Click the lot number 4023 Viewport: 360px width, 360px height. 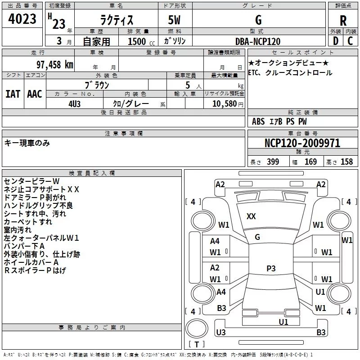(x=22, y=19)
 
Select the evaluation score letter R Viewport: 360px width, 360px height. (x=343, y=21)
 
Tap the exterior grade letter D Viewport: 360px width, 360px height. (x=335, y=41)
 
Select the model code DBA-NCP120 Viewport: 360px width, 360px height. (x=258, y=41)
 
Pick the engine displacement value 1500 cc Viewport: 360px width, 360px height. (x=137, y=42)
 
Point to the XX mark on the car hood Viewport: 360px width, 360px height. (x=251, y=216)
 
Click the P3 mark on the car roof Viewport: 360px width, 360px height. (x=270, y=269)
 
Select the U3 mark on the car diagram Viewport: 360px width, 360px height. (x=220, y=332)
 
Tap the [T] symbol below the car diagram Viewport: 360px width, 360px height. (x=196, y=345)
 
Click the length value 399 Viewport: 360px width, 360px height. (x=273, y=162)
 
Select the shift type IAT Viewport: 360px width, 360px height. (x=13, y=94)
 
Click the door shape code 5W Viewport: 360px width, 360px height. (x=175, y=20)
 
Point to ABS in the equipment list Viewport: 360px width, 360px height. (x=258, y=121)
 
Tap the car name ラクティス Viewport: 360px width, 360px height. (x=116, y=21)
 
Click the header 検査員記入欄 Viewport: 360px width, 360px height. (x=92, y=173)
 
